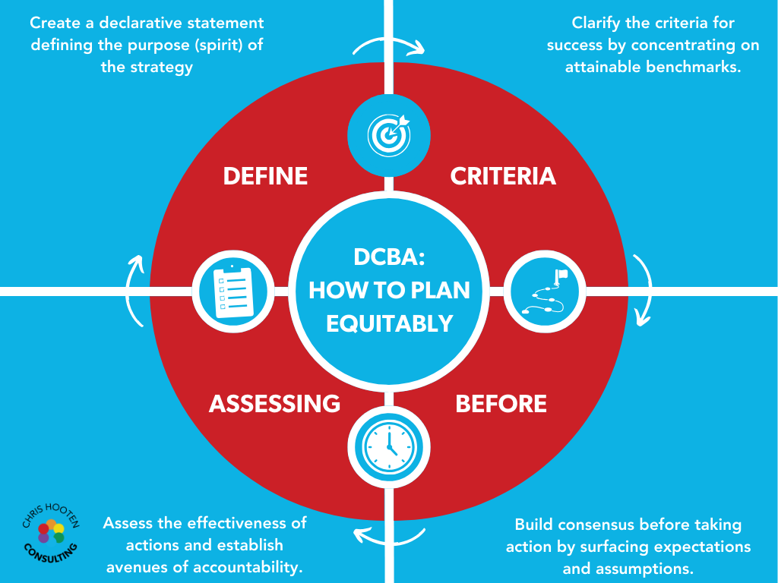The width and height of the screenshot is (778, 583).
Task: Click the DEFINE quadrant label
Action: click(x=265, y=176)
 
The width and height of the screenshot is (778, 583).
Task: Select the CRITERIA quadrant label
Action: click(x=503, y=176)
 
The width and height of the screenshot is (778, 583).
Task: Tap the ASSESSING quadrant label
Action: click(x=274, y=404)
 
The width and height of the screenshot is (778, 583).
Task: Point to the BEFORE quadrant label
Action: click(x=501, y=404)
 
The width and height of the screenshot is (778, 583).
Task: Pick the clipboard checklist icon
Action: click(x=232, y=291)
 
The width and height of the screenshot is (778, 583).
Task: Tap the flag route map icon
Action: click(x=545, y=291)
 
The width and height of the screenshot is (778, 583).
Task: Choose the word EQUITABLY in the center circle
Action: click(x=389, y=323)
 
